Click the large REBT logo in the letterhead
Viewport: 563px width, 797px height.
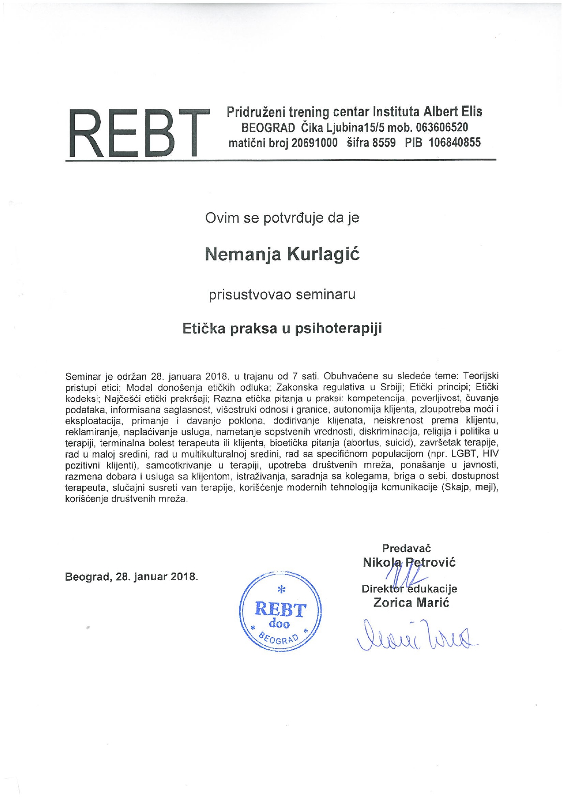(x=135, y=133)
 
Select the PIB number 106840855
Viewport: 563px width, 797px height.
(x=454, y=143)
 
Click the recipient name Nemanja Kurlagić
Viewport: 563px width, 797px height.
(x=282, y=254)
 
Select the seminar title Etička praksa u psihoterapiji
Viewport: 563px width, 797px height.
(x=282, y=328)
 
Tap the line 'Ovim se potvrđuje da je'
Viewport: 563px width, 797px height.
(x=282, y=218)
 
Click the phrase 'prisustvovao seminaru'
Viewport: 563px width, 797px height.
(x=282, y=294)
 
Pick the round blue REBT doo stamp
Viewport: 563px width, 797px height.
(x=280, y=612)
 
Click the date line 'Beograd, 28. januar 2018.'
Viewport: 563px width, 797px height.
(x=132, y=577)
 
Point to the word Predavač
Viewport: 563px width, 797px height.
(x=406, y=548)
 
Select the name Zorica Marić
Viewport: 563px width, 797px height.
(x=411, y=603)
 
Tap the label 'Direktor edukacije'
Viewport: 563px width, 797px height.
(x=409, y=589)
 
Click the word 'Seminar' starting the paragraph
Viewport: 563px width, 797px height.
(x=83, y=376)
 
